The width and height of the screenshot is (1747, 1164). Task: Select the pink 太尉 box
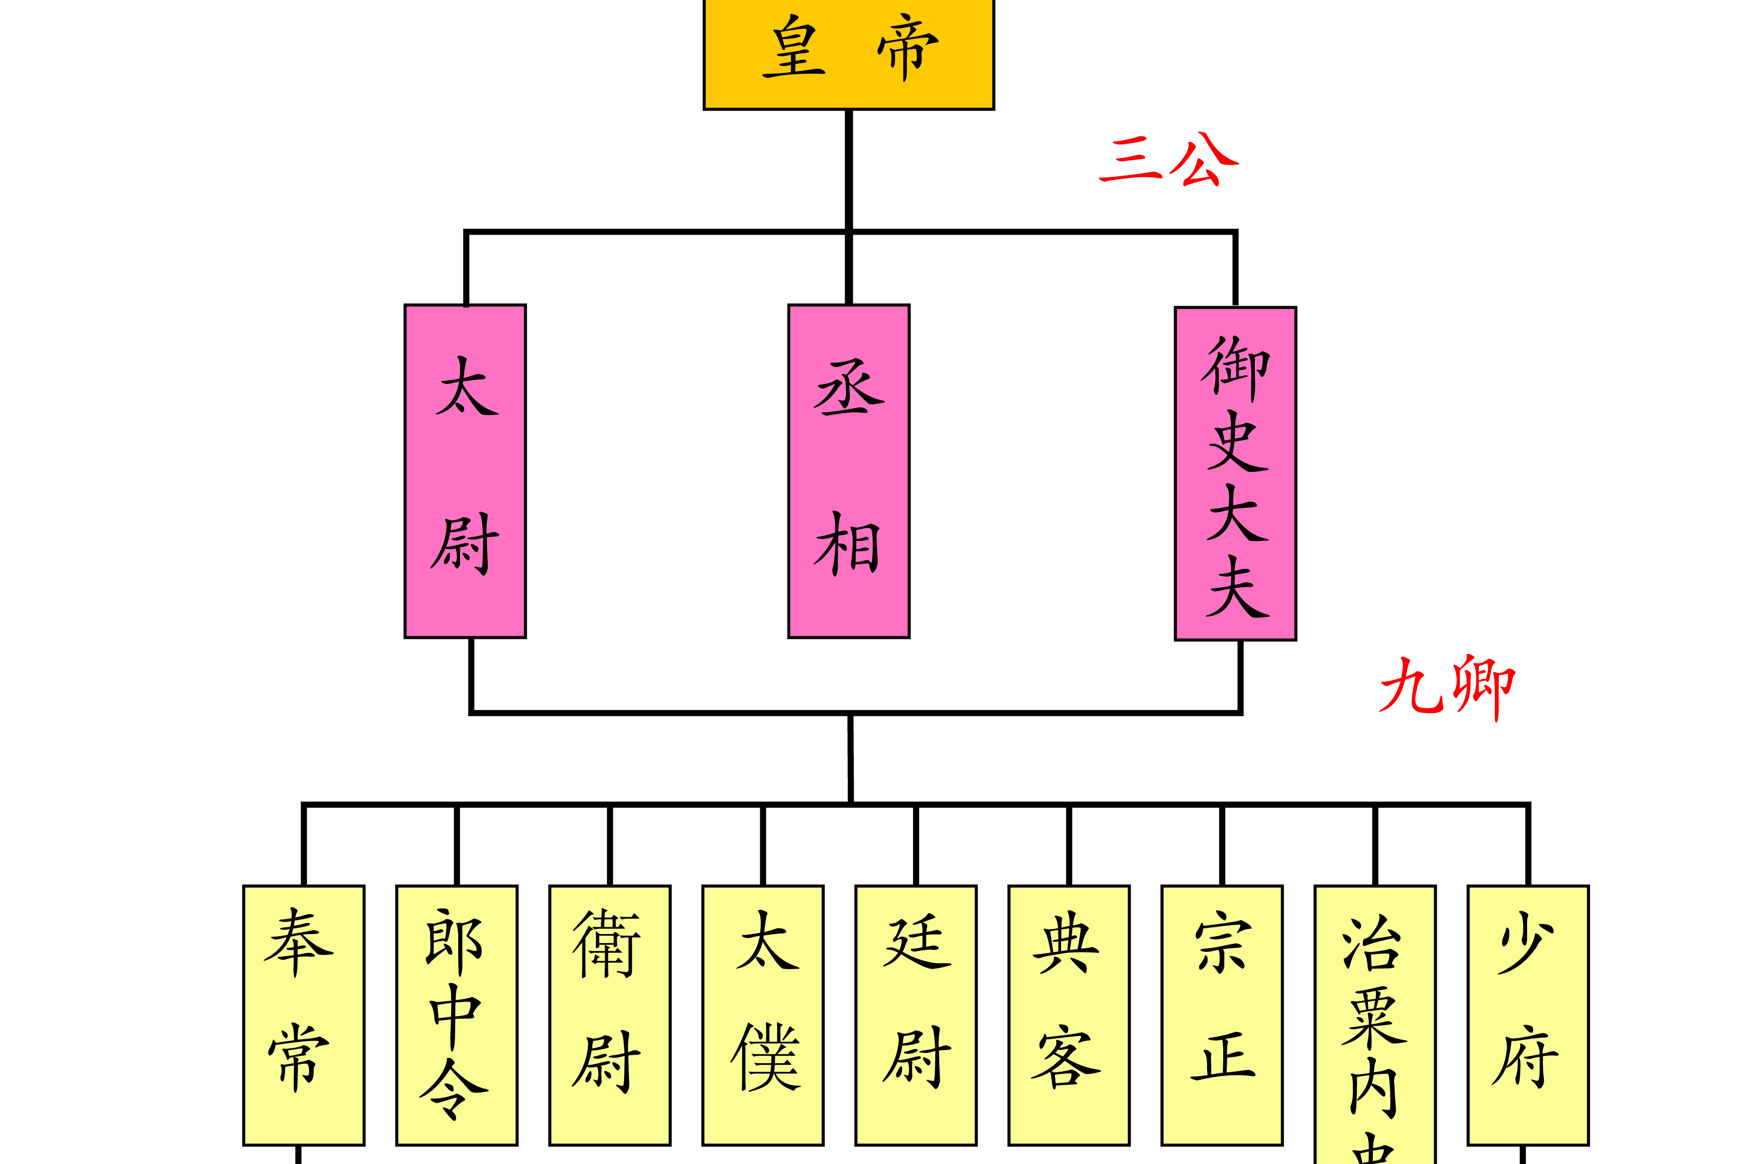click(465, 470)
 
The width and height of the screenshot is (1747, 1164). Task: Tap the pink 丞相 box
click(848, 470)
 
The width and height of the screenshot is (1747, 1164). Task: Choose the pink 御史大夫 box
click(1235, 473)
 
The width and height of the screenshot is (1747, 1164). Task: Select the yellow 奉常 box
click(303, 1015)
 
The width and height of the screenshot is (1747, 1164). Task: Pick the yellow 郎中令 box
click(456, 1015)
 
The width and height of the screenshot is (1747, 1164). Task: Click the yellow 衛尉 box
click(609, 1015)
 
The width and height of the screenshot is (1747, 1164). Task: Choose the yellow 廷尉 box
click(916, 1015)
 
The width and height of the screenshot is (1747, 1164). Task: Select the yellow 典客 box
click(1068, 1015)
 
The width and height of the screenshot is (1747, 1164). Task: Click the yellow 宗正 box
click(1222, 1015)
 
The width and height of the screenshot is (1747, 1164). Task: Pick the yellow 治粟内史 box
click(1375, 1025)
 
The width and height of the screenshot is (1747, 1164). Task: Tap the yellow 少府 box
click(1528, 1015)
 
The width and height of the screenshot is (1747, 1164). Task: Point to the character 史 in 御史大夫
click(1235, 441)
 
